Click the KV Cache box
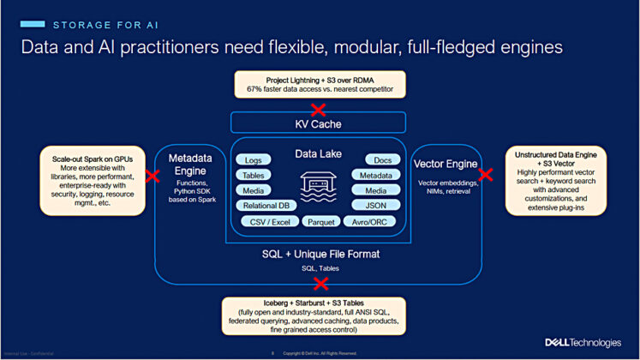pyautogui.click(x=319, y=123)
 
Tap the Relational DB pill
pyautogui.click(x=266, y=206)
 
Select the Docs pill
pyautogui.click(x=382, y=159)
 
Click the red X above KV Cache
pyautogui.click(x=319, y=109)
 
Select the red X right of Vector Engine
pyautogui.click(x=486, y=174)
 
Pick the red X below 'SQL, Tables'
pyautogui.click(x=320, y=284)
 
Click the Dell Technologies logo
pyautogui.click(x=583, y=342)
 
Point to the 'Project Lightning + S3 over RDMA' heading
pyautogui.click(x=319, y=78)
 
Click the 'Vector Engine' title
pyautogui.click(x=445, y=163)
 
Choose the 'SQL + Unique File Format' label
pyautogui.click(x=319, y=255)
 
